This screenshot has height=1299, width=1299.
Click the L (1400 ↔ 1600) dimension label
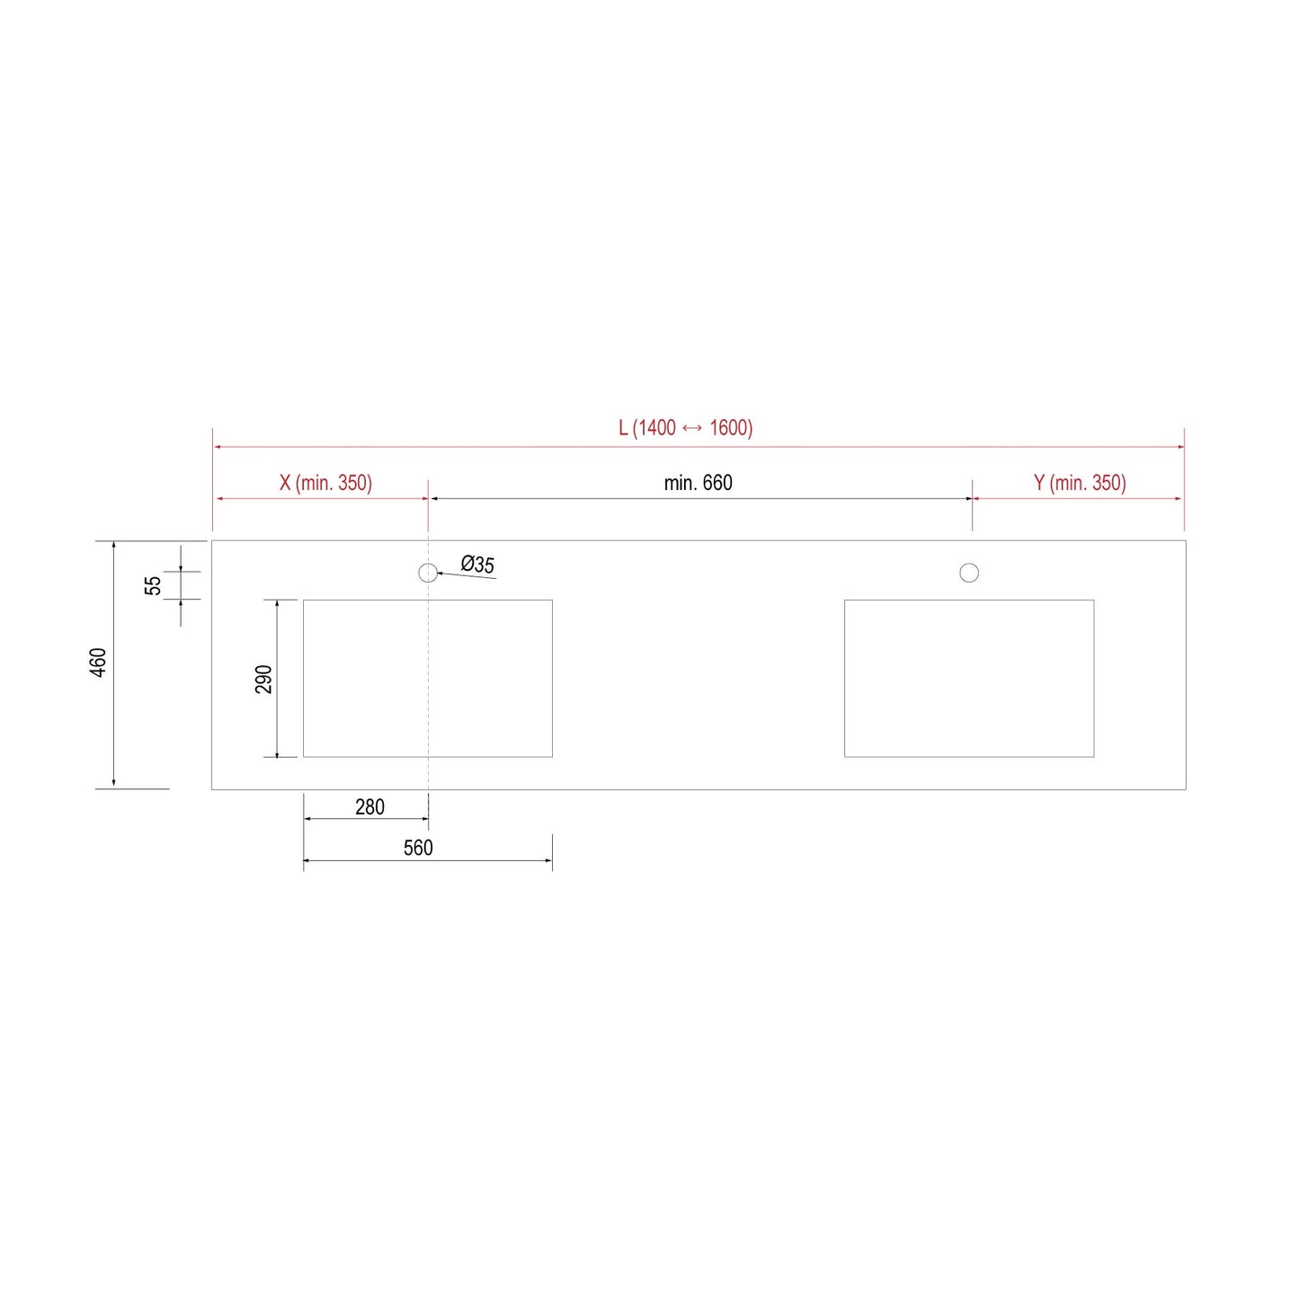click(x=685, y=428)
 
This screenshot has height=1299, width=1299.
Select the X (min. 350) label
click(x=325, y=483)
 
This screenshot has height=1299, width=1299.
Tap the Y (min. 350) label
click(x=1080, y=483)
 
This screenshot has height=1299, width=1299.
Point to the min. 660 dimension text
click(x=698, y=483)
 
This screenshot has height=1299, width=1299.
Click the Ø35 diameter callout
click(x=477, y=565)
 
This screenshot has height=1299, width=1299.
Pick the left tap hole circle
click(x=428, y=573)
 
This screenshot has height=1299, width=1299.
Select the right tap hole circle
click(x=969, y=573)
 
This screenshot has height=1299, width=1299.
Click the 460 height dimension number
click(x=98, y=663)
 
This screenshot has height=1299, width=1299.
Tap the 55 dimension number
click(x=153, y=585)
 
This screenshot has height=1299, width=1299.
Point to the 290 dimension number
click(x=263, y=679)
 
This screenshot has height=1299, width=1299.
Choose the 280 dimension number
click(x=369, y=807)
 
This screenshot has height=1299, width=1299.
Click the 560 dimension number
click(x=418, y=848)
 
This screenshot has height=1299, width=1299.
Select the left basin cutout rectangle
click(x=428, y=679)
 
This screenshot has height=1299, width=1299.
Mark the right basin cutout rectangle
click(x=969, y=679)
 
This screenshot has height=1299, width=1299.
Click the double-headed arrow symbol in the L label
click(x=692, y=429)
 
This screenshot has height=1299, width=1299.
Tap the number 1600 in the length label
click(x=729, y=428)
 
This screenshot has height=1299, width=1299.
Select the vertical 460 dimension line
click(x=114, y=719)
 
